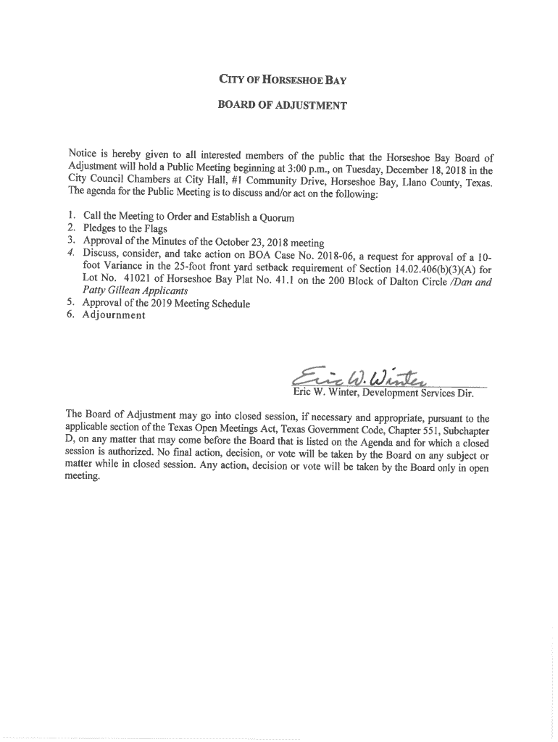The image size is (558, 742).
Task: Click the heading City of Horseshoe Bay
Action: [x=278, y=80]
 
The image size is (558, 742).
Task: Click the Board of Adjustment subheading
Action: [x=283, y=106]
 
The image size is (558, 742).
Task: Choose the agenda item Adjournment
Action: [x=114, y=316]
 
